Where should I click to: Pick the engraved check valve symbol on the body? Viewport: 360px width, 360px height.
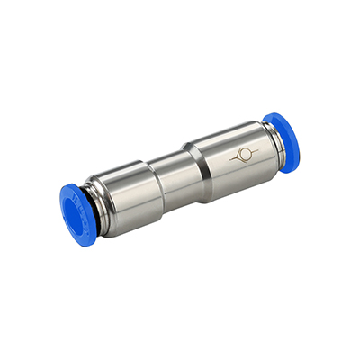pos(241,155)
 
